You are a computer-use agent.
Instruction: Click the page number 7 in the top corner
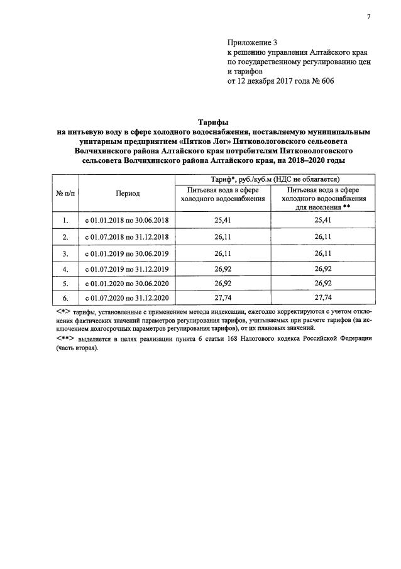coord(369,16)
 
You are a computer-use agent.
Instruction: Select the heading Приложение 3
coord(251,42)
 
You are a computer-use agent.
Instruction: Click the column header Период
coord(128,194)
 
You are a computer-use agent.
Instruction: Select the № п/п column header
coord(65,194)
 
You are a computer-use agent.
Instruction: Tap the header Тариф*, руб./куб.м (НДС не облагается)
coord(276,179)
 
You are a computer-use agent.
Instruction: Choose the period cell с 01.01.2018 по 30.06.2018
coord(128,221)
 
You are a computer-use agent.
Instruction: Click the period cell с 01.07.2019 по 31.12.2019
coord(128,268)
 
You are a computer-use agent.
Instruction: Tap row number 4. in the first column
coord(65,268)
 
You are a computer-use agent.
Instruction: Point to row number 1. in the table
coord(65,221)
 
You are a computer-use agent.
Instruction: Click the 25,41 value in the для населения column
coord(323,221)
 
